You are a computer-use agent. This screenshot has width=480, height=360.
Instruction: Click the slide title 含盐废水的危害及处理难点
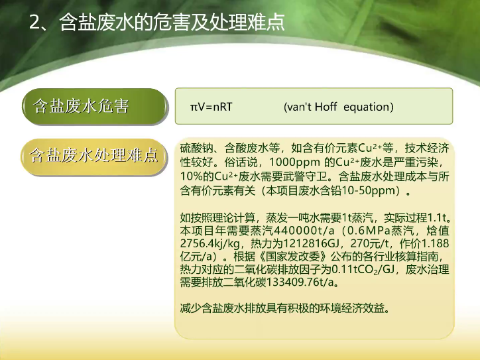pyautogui.click(x=172, y=22)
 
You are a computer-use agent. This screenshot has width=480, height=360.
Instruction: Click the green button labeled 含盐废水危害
pyautogui.click(x=95, y=107)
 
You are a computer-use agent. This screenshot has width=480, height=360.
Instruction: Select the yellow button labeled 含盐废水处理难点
pyautogui.click(x=94, y=156)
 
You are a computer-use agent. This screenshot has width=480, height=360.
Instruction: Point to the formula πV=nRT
pyautogui.click(x=211, y=107)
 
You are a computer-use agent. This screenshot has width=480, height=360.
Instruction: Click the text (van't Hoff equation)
pyautogui.click(x=339, y=107)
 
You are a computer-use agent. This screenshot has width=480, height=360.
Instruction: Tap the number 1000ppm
pyautogui.click(x=294, y=162)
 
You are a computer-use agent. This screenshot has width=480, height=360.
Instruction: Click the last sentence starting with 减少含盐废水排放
pyautogui.click(x=286, y=308)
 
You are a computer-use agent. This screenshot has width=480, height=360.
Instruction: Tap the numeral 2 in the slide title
pyautogui.click(x=35, y=23)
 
